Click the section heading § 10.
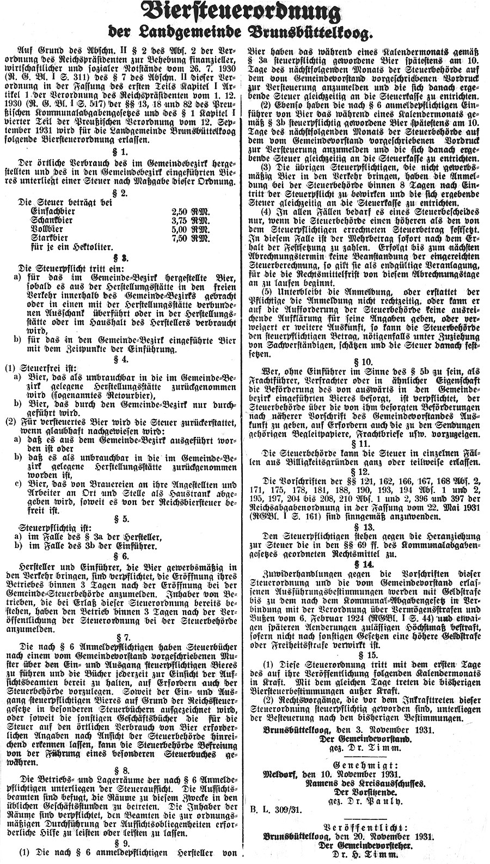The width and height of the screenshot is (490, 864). pyautogui.click(x=365, y=362)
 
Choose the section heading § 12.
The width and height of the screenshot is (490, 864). pyautogui.click(x=365, y=470)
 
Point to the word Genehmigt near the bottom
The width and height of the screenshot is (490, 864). pyautogui.click(x=365, y=761)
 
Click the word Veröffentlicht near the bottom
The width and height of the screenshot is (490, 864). pyautogui.click(x=365, y=822)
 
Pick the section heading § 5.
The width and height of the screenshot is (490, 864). pyautogui.click(x=125, y=519)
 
